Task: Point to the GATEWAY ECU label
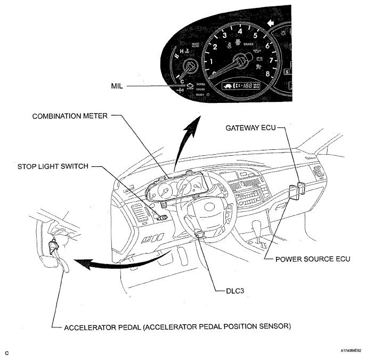pyautogui.click(x=251, y=128)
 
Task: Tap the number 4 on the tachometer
pyautogui.click(x=240, y=31)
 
